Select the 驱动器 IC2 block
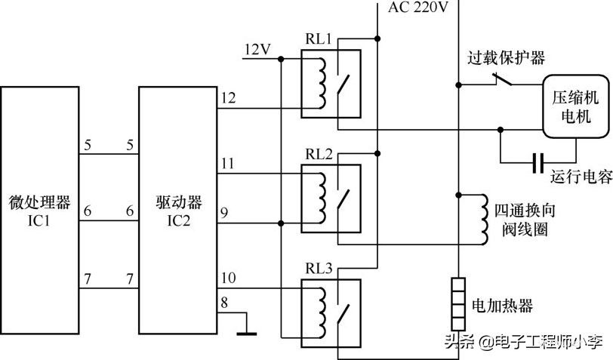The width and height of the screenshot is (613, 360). click(x=177, y=211)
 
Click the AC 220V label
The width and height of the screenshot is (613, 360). click(x=419, y=9)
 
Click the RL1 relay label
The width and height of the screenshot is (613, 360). click(x=317, y=40)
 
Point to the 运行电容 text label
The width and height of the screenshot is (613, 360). click(x=581, y=177)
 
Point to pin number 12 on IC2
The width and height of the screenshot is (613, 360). click(x=228, y=97)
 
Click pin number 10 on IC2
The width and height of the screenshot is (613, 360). click(x=228, y=278)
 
